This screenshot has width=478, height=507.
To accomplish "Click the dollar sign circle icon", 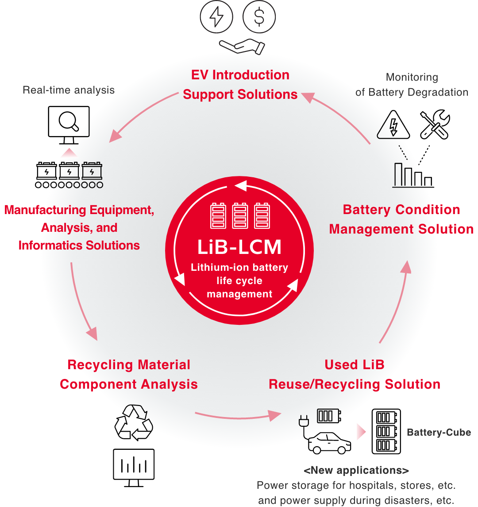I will (x=259, y=17).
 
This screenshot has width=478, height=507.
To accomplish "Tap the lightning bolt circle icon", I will (x=216, y=17).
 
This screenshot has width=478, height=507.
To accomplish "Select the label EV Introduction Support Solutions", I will (x=240, y=85).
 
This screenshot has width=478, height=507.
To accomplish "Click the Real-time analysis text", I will (x=69, y=90).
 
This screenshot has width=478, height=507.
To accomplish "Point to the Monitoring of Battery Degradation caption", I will (x=412, y=85).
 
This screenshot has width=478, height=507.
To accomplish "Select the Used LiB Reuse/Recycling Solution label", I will (x=355, y=374).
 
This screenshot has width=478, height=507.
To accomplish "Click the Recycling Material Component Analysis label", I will (x=129, y=374).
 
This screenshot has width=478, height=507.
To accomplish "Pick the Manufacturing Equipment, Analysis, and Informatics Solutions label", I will (x=79, y=227).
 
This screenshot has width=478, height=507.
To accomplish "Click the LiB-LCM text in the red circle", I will (x=239, y=247).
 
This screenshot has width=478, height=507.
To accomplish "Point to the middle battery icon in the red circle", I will (x=239, y=216).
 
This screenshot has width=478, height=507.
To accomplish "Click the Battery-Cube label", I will (x=439, y=433).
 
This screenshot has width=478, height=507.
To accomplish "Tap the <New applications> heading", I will (x=356, y=470).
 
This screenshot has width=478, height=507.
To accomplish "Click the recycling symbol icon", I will (x=139, y=417).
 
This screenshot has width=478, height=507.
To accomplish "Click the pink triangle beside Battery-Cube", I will (x=361, y=432).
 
